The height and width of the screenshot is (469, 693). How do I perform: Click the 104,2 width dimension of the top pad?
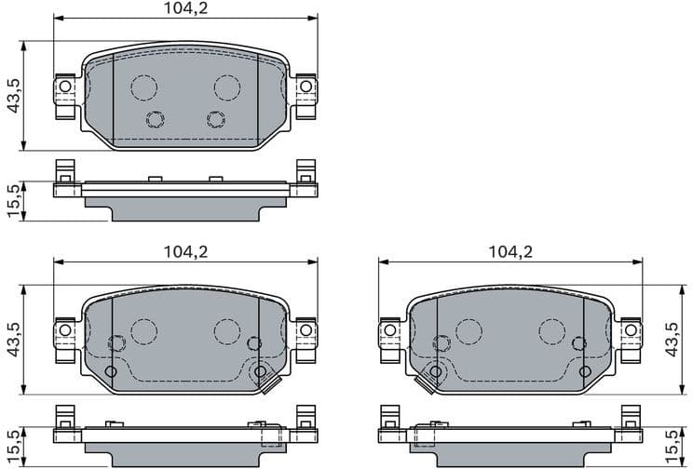click(x=183, y=10)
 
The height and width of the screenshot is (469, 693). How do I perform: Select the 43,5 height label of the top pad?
click(x=14, y=95)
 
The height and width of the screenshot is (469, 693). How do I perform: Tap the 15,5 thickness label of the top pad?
click(x=14, y=201)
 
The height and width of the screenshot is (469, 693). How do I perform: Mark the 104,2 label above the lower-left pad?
click(x=183, y=252)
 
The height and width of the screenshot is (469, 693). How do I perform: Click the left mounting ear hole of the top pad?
click(x=64, y=88)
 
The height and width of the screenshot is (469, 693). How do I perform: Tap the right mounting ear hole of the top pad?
click(x=305, y=88)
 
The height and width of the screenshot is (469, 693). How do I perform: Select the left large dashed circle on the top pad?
click(x=143, y=87)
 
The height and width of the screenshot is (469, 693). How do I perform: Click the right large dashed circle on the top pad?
click(x=227, y=87)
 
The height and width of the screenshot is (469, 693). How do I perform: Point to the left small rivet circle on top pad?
click(x=156, y=118)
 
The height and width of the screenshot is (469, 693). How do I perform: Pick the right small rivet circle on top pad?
click(x=216, y=118)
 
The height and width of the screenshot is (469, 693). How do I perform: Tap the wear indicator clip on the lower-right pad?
click(x=429, y=379)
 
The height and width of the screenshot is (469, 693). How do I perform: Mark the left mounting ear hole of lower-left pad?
click(x=64, y=330)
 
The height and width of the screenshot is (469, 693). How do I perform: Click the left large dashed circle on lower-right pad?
click(x=469, y=330)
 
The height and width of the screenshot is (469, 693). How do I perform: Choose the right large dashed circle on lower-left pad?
click(x=226, y=330)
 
